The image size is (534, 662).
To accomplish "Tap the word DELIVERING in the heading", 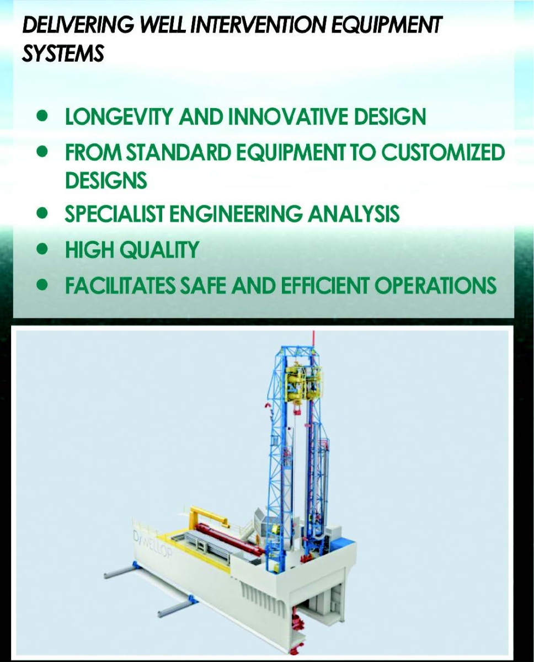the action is pyautogui.click(x=78, y=25).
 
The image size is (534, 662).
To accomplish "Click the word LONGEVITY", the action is pyautogui.click(x=119, y=116).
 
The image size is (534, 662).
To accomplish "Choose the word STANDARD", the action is pyautogui.click(x=178, y=152).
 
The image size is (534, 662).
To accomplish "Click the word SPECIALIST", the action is pyautogui.click(x=114, y=213).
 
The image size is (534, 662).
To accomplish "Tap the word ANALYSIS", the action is pyautogui.click(x=354, y=213).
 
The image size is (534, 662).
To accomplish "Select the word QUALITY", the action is pyautogui.click(x=159, y=249).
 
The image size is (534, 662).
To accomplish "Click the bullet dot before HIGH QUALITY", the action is pyautogui.click(x=42, y=249).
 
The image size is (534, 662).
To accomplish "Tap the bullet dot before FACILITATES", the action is pyautogui.click(x=42, y=285).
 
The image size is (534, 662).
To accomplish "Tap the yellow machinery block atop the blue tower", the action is pyautogui.click(x=303, y=383).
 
